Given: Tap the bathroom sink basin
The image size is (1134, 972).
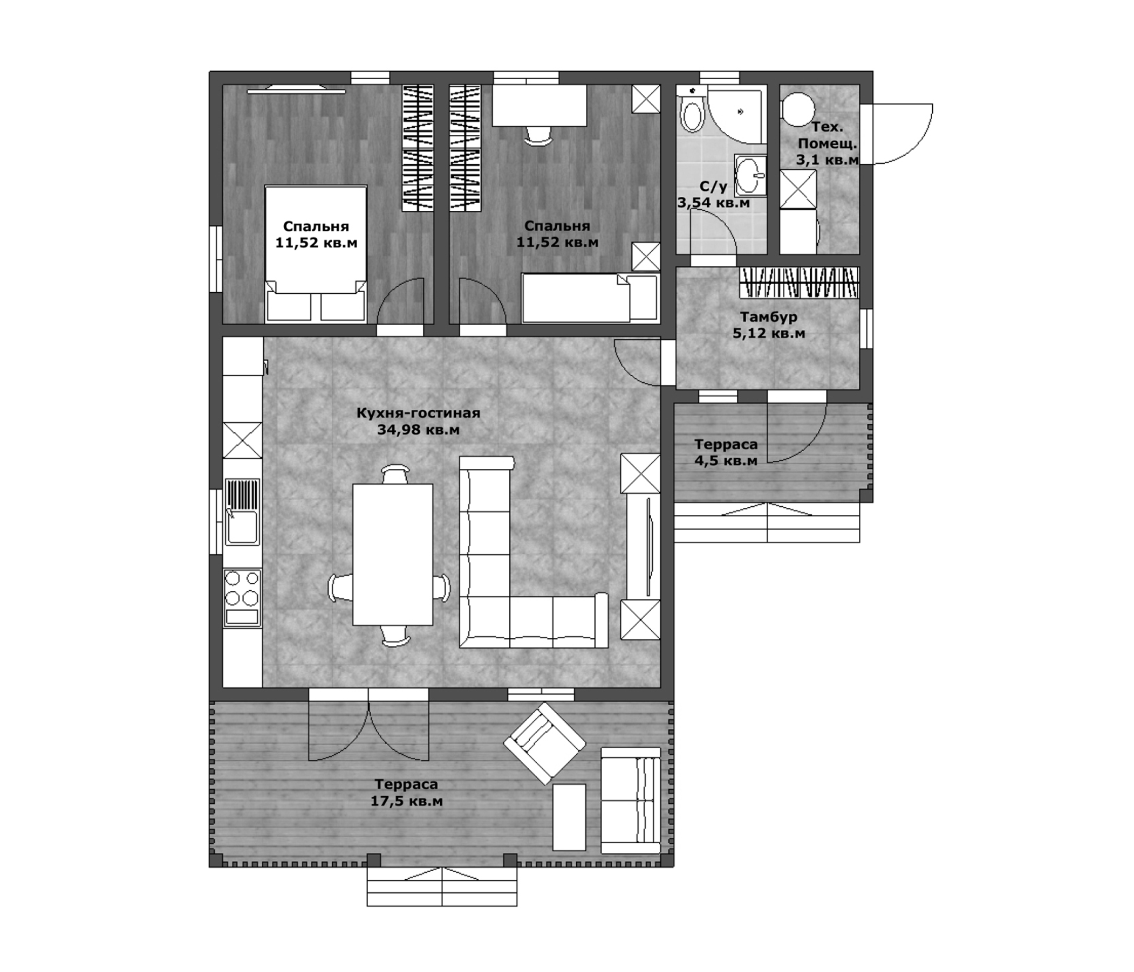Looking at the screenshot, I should (749, 176).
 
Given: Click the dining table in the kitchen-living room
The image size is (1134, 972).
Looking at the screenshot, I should (392, 554).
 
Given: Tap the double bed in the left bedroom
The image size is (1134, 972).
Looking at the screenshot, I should (315, 254).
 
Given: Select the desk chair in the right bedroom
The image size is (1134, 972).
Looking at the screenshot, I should (538, 136).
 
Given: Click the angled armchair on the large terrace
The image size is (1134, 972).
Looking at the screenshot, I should (544, 742).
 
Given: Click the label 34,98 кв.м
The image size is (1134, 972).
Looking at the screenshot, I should (418, 430).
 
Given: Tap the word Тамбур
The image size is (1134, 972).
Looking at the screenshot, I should (768, 316).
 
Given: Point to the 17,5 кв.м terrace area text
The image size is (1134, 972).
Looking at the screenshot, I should (406, 801).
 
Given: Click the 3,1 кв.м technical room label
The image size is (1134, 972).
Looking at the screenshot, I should (827, 160).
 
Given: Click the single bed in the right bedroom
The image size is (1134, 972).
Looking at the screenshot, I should (589, 298).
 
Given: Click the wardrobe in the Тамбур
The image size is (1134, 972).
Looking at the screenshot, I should (799, 282).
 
